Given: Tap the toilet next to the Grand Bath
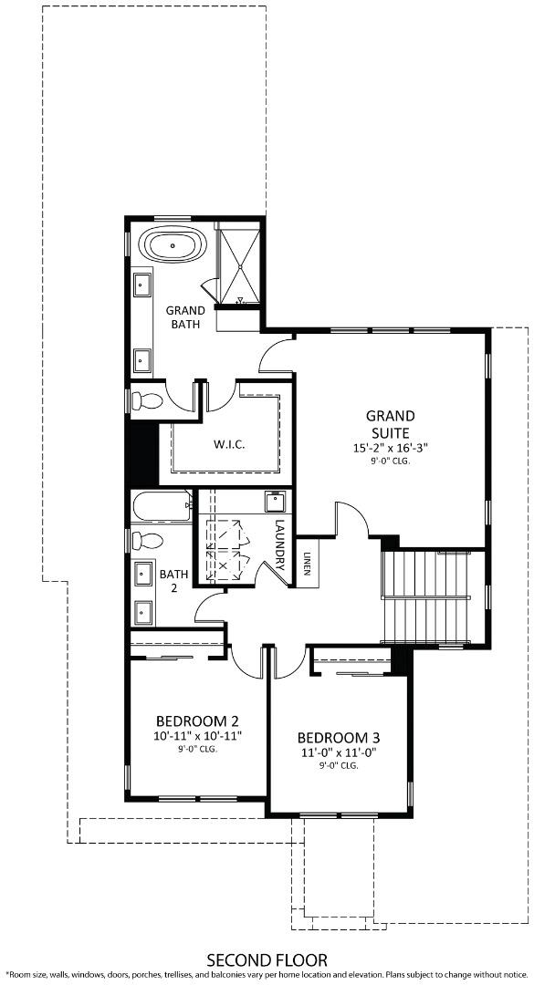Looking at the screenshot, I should click(144, 399).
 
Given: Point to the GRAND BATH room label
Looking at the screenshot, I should click(185, 316).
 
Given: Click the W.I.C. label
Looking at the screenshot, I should click(229, 444).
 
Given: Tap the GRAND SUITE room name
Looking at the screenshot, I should click(390, 424).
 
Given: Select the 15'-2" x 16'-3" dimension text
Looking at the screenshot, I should click(390, 448).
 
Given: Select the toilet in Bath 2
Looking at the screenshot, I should click(144, 539).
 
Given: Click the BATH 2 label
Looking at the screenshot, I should click(173, 581).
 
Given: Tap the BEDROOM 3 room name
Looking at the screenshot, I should click(339, 737).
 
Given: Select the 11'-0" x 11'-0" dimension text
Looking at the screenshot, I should click(339, 752).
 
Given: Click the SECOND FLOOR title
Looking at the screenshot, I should click(267, 959).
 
